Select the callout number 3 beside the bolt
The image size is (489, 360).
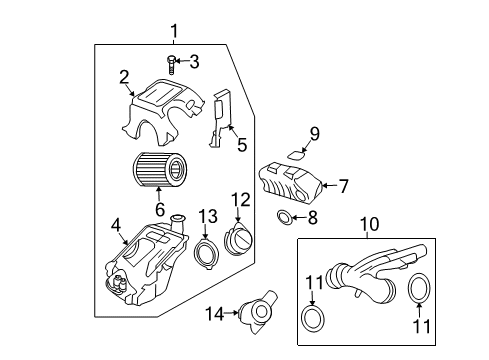click(x=194, y=62)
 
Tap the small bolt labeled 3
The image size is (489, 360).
click(x=172, y=63)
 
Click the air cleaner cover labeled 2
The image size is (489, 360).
click(x=165, y=108)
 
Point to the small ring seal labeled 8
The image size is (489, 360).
click(x=284, y=218)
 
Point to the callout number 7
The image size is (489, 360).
click(x=343, y=184)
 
